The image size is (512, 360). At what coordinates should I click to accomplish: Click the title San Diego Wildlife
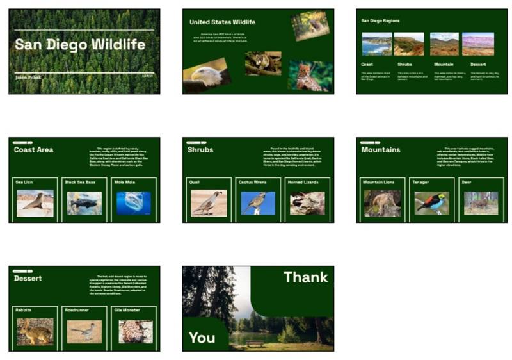click(80, 45)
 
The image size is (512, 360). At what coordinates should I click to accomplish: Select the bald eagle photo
click(206, 76)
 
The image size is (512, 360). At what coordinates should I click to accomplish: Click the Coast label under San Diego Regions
click(367, 65)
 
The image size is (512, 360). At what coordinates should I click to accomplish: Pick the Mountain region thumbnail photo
click(444, 44)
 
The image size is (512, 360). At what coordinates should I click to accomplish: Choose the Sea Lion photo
click(35, 203)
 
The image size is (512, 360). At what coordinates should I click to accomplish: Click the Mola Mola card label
click(125, 182)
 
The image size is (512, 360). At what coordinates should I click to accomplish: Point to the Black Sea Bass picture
click(84, 203)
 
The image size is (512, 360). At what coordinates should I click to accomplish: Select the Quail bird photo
click(209, 203)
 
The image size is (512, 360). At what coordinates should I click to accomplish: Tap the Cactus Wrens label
click(253, 182)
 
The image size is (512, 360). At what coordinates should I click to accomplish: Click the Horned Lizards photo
click(307, 203)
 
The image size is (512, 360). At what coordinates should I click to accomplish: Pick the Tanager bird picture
click(432, 203)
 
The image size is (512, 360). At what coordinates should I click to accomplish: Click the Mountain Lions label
click(380, 182)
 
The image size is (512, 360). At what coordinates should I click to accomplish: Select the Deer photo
click(481, 203)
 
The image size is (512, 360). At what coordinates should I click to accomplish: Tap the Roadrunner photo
click(84, 331)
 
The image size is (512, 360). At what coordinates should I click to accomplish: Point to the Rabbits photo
click(35, 331)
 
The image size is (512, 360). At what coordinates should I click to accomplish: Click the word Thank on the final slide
click(305, 277)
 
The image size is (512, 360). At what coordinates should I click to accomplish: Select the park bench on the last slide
click(255, 343)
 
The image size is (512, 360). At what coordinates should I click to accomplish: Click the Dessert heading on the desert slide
click(28, 279)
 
